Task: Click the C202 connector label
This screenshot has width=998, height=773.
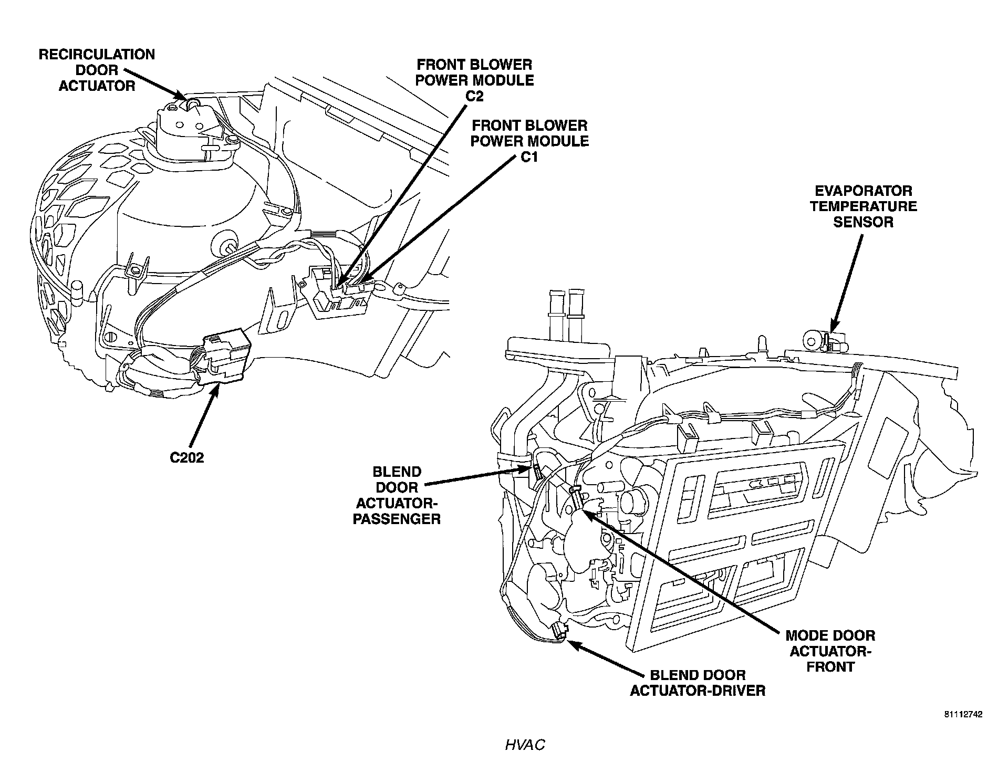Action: (186, 457)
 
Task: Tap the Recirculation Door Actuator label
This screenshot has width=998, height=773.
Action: (97, 70)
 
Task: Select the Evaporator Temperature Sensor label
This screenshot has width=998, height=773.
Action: (863, 206)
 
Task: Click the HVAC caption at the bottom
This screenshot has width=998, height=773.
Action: (525, 745)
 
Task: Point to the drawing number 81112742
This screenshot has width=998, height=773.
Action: (963, 714)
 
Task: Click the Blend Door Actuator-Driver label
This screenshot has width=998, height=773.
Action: (697, 682)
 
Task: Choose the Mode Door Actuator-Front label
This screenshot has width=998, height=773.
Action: (830, 651)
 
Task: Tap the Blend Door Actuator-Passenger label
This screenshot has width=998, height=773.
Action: (398, 495)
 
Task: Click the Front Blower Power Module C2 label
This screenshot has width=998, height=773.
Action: (475, 80)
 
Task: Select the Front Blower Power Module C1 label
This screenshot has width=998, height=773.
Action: (529, 141)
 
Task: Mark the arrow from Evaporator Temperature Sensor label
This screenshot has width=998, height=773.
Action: (845, 284)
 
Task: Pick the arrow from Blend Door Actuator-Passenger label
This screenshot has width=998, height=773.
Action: (478, 476)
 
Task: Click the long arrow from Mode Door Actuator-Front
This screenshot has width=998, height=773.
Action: (683, 572)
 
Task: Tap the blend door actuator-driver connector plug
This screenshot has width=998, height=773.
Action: (559, 630)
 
